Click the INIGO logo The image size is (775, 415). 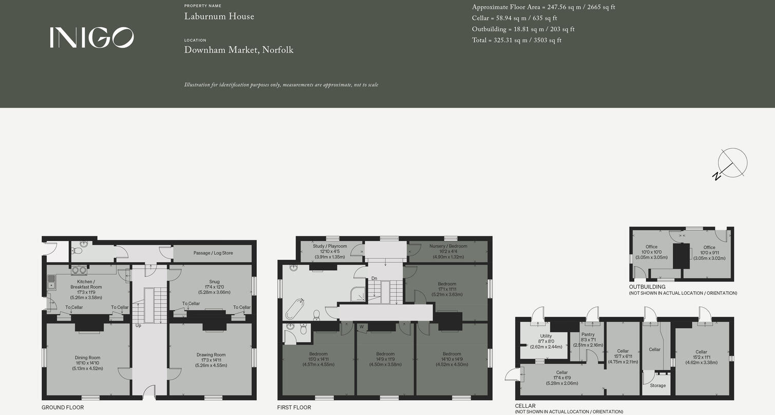tap(91, 37)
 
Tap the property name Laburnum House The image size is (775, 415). tap(219, 16)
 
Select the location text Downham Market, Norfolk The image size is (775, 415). tap(239, 50)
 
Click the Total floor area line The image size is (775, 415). tap(517, 40)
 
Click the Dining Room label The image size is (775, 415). tap(87, 357)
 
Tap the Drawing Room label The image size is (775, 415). tap(211, 355)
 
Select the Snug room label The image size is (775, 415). tap(211, 282)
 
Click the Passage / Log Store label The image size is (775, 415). tap(213, 253)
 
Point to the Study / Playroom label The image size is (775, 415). tap(330, 246)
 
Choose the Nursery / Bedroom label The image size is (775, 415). tap(448, 246)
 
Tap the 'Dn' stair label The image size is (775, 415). tap(374, 278)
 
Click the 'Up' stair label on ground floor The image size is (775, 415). tap(138, 326)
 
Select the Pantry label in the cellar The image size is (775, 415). tap(588, 334)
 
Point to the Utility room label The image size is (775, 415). tap(546, 336)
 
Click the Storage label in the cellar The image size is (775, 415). tap(658, 385)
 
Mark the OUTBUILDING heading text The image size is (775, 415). tap(647, 287)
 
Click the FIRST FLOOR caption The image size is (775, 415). tap(294, 407)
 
